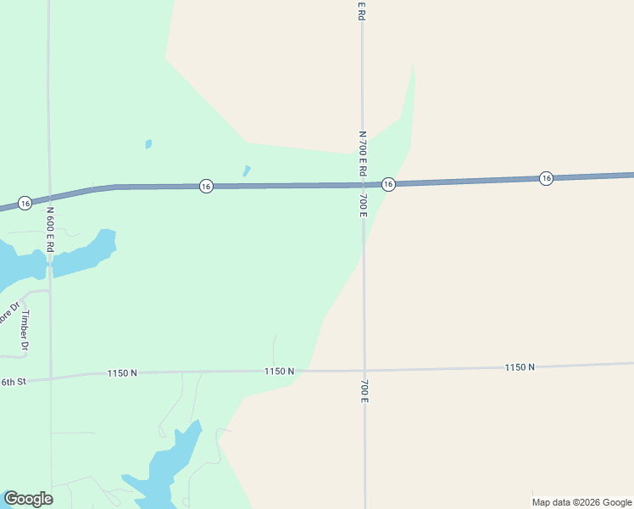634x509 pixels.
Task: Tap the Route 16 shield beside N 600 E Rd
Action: click(25, 203)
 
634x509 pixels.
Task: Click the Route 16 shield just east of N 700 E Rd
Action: click(388, 184)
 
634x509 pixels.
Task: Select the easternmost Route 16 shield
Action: click(547, 178)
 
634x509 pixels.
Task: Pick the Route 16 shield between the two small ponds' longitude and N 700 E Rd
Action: click(206, 186)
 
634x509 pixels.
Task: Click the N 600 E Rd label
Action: click(50, 229)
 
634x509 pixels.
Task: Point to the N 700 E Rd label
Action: click(362, 154)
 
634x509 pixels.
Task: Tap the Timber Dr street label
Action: click(25, 331)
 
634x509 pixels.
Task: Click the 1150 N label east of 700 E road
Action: click(520, 366)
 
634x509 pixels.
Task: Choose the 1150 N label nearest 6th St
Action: click(122, 373)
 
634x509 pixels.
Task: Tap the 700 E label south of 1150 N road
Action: click(364, 390)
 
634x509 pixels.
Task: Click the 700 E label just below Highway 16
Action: click(363, 204)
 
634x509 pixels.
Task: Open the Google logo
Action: click(28, 499)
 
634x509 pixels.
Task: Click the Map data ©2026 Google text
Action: click(581, 502)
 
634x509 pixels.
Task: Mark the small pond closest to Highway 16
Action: click(247, 170)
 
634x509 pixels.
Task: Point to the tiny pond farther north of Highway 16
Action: click(148, 144)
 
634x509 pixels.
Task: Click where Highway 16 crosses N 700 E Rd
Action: click(363, 184)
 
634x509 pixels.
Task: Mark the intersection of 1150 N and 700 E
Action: click(364, 370)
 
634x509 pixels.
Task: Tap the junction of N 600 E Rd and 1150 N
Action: click(51, 377)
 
